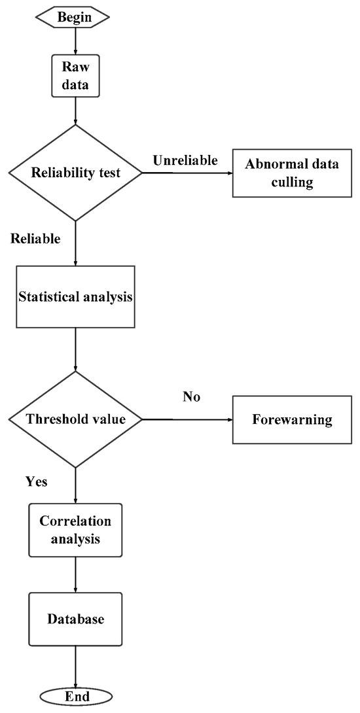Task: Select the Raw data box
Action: (x=75, y=75)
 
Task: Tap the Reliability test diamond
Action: (x=75, y=173)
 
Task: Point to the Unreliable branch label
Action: (x=185, y=160)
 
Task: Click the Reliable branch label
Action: (x=35, y=239)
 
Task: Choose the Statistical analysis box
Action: (x=75, y=296)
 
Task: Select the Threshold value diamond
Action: (x=75, y=419)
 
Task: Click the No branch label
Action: (x=192, y=397)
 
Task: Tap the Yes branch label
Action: (x=37, y=482)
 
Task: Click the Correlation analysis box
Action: (x=75, y=530)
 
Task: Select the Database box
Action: (x=75, y=619)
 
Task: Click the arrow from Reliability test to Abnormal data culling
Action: (x=187, y=173)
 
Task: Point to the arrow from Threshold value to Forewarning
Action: (x=187, y=419)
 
